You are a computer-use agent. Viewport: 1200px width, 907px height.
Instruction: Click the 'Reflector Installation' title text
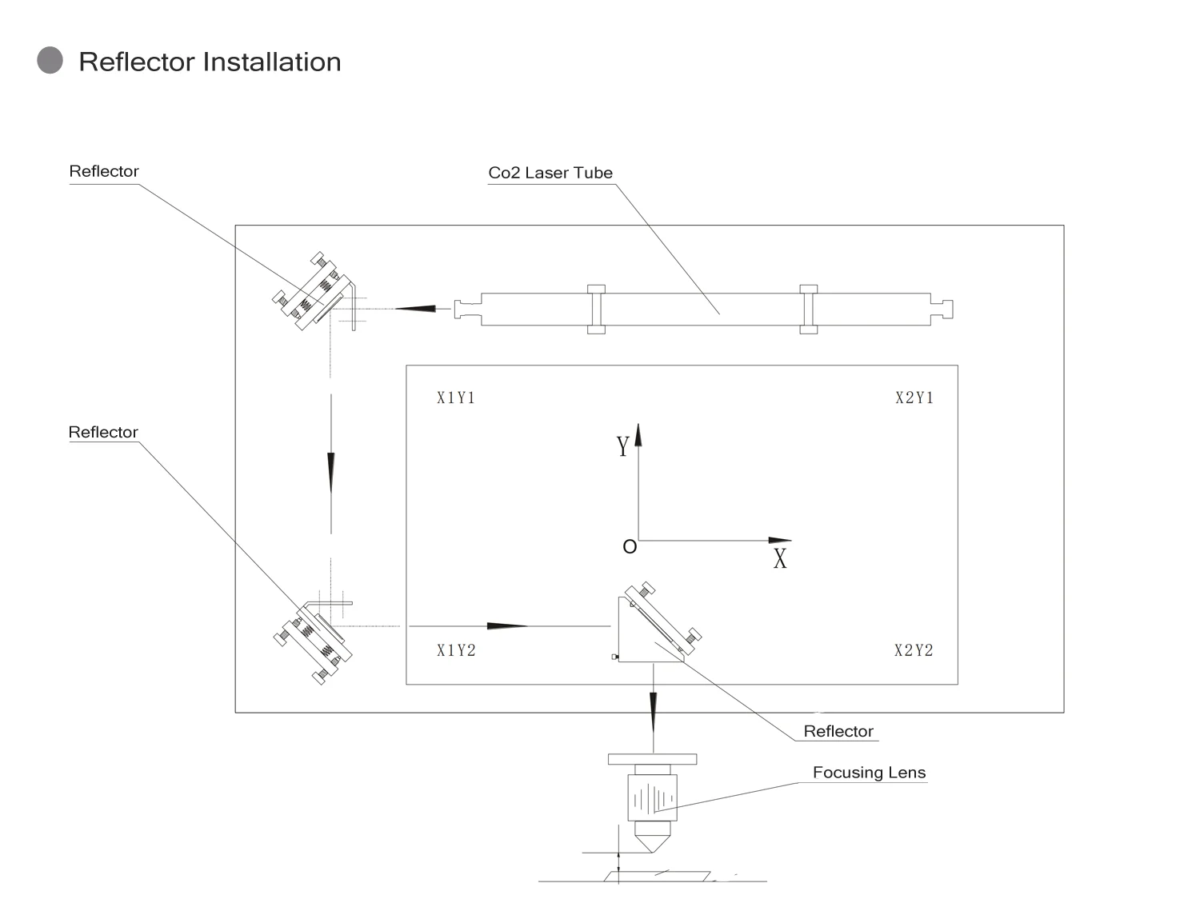[210, 62]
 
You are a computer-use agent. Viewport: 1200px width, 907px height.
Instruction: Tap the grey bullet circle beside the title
[50, 61]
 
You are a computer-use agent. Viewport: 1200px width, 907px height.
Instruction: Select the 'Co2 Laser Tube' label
[550, 173]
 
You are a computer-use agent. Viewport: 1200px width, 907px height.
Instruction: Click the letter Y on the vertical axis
[622, 446]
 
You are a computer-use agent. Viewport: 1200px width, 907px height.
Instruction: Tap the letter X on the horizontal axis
[780, 559]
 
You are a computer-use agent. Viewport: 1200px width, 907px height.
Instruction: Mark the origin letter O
[630, 547]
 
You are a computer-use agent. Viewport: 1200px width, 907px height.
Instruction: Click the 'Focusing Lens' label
[869, 773]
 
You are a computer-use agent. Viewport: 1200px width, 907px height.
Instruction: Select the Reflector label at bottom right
[838, 731]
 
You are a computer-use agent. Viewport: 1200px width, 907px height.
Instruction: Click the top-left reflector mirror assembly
[314, 293]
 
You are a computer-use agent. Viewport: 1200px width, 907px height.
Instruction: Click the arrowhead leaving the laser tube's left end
[415, 308]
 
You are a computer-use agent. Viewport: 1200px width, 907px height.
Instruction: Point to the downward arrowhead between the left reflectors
[330, 472]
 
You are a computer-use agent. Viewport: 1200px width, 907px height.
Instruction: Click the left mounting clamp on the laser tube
[596, 309]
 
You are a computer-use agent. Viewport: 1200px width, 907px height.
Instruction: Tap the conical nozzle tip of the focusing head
[653, 842]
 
